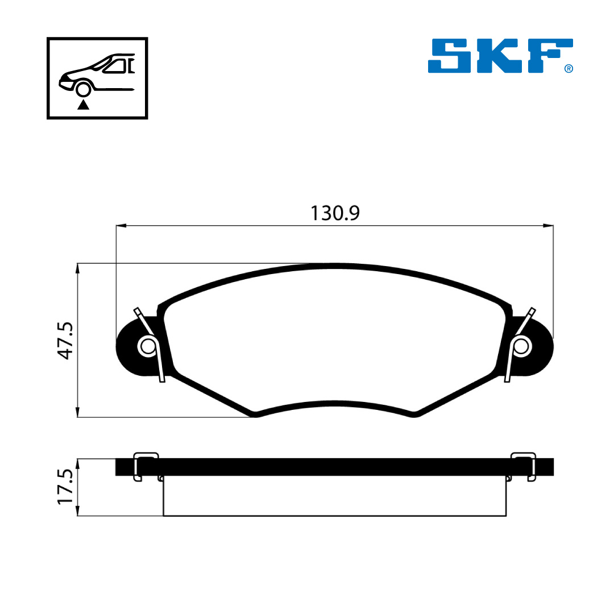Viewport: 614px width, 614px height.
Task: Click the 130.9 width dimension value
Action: click(335, 213)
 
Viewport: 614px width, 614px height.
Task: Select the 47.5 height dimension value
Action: click(65, 341)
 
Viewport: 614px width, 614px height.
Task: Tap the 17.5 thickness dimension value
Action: click(65, 487)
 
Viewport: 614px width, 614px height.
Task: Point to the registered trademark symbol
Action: click(569, 69)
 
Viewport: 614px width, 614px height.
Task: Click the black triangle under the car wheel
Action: click(83, 105)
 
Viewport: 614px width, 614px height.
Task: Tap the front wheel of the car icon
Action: click(83, 89)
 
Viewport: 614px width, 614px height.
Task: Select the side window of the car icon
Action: click(115, 66)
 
